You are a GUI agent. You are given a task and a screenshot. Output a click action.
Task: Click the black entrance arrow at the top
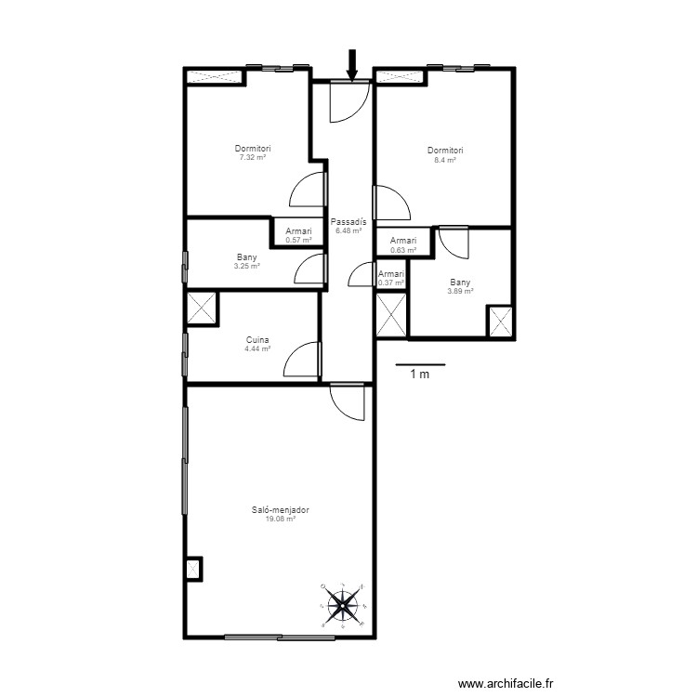tap(351, 64)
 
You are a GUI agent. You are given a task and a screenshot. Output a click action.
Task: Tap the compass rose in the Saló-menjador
tap(343, 605)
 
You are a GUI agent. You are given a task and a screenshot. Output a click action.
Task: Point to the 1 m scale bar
tap(420, 364)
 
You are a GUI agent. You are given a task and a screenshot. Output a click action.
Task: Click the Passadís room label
tap(348, 222)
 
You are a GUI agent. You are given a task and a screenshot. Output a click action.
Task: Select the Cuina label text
tap(257, 340)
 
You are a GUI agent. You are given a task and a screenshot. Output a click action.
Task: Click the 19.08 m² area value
tap(280, 519)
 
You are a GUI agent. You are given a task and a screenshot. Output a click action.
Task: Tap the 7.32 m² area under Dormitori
tap(253, 157)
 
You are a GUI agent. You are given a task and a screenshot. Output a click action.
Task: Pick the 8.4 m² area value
tap(445, 160)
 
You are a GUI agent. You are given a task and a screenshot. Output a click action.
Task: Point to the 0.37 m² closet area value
tap(391, 283)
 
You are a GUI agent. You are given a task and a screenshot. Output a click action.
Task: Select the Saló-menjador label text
tap(280, 509)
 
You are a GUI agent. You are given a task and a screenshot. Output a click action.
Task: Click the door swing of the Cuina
tap(302, 358)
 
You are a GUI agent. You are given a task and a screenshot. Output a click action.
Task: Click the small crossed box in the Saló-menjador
tap(193, 568)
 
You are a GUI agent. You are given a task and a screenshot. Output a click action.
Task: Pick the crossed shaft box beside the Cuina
tap(202, 309)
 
